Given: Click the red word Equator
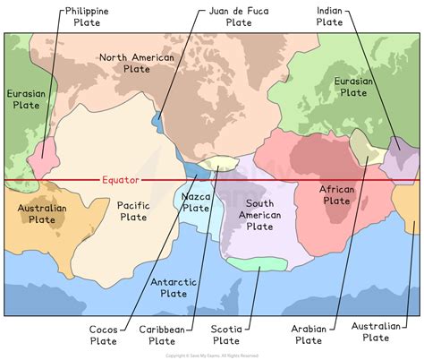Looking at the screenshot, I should point(122,179).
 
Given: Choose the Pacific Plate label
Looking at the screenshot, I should point(132,210).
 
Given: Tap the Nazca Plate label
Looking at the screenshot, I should point(195,202).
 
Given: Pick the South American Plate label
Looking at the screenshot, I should point(259,215).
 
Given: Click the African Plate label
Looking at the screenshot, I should point(336,194).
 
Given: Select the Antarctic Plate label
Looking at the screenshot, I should point(174,288).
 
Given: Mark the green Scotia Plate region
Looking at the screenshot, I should point(257,262).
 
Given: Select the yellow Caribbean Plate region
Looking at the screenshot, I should point(219,163).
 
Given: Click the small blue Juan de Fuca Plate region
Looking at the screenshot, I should point(158,118).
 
